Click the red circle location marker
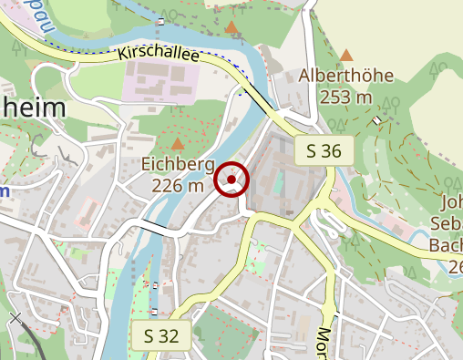tap(232, 180)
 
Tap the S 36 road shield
tap(324, 151)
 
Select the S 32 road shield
tap(161, 335)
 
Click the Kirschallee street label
tap(159, 54)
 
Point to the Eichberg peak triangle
tap(177, 144)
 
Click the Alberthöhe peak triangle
tap(345, 56)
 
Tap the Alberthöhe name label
tap(347, 77)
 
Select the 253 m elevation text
tap(347, 97)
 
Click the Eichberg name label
tap(178, 165)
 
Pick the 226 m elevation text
tap(178, 186)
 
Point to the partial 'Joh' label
tap(451, 203)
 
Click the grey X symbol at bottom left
tap(15, 318)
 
